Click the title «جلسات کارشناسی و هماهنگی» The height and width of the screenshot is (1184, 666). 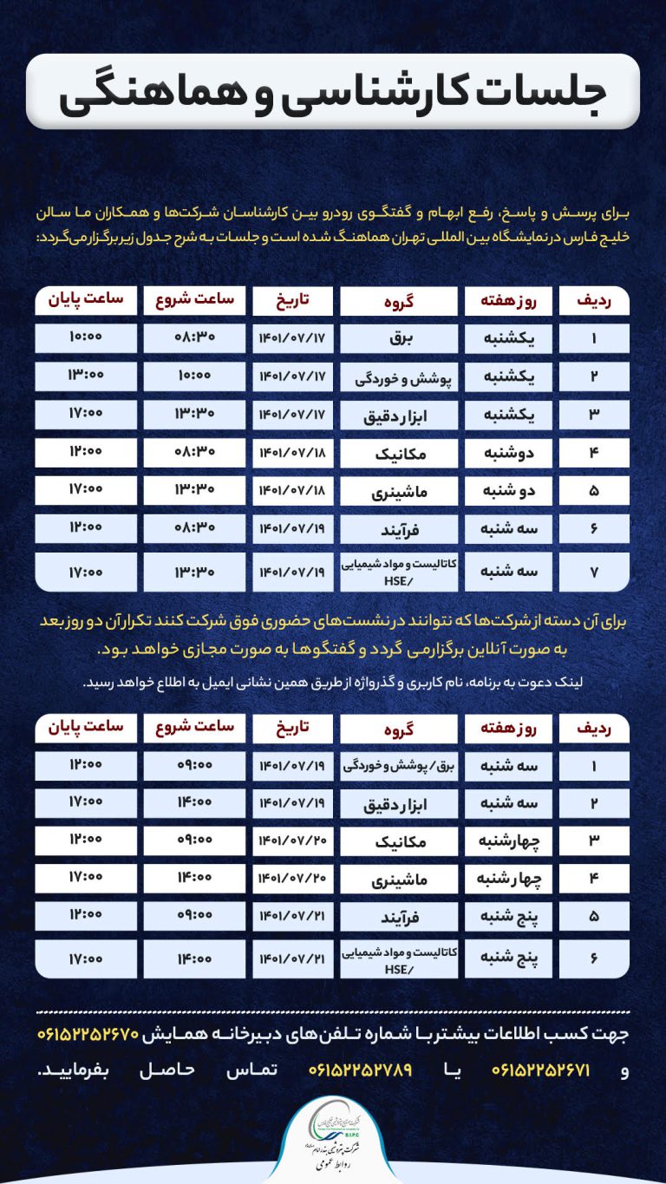pyautogui.click(x=333, y=92)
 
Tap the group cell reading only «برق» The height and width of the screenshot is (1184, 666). pyautogui.click(x=398, y=338)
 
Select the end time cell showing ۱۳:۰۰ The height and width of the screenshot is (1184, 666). pyautogui.click(x=86, y=376)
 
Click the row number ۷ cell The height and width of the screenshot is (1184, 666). pyautogui.click(x=594, y=572)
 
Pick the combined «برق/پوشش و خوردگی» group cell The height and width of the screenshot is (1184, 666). pyautogui.click(x=398, y=765)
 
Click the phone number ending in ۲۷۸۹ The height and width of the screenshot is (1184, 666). pyautogui.click(x=360, y=1070)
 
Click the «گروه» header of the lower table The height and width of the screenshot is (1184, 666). pyautogui.click(x=398, y=728)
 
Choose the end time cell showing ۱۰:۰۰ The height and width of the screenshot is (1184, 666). pyautogui.click(x=86, y=337)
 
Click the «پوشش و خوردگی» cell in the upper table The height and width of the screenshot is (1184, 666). pyautogui.click(x=398, y=376)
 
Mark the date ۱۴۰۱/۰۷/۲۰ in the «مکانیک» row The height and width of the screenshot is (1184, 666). pyautogui.click(x=292, y=841)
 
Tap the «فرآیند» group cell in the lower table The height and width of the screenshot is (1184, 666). pyautogui.click(x=398, y=916)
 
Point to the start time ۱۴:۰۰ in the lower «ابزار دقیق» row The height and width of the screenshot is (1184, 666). pyautogui.click(x=195, y=803)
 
